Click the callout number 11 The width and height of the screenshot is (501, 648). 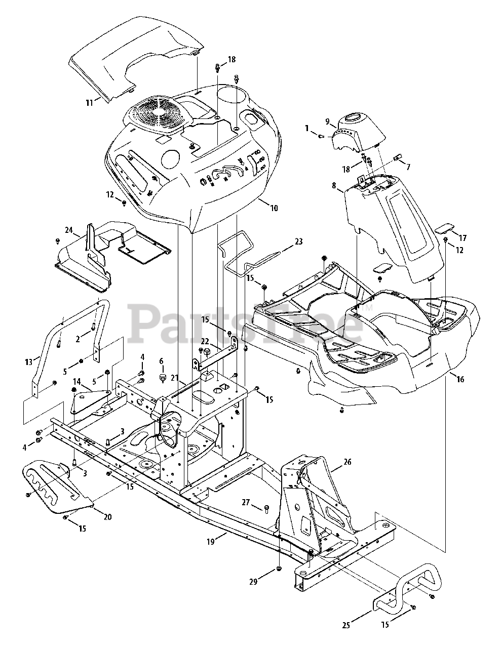coord(89,103)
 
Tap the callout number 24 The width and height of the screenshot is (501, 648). coord(69,230)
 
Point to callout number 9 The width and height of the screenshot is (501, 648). coord(328,121)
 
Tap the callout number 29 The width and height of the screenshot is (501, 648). coord(253,582)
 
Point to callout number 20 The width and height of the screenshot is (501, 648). coord(107,517)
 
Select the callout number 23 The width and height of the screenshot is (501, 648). coord(298,242)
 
